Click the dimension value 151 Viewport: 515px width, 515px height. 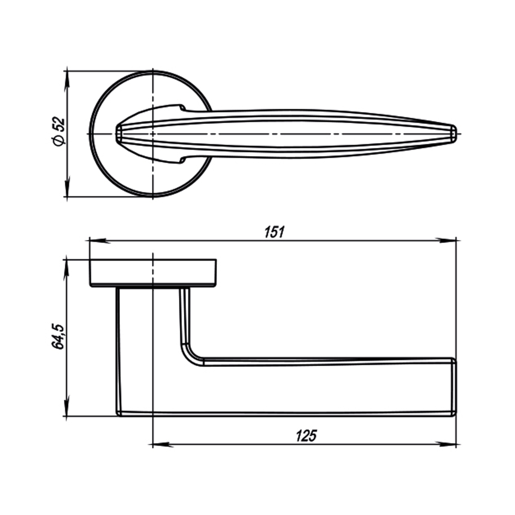click(274, 232)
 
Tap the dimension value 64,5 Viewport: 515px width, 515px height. click(58, 336)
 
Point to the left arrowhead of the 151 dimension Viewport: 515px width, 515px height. click(95, 240)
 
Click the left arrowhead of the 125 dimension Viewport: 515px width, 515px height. click(159, 444)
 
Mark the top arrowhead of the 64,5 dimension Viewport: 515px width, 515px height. click(66, 266)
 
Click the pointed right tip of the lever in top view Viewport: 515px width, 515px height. click(454, 133)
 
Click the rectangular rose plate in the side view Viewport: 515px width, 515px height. click(153, 273)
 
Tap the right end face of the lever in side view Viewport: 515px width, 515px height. click(454, 386)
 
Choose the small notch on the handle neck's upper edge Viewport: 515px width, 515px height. click(182, 108)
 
